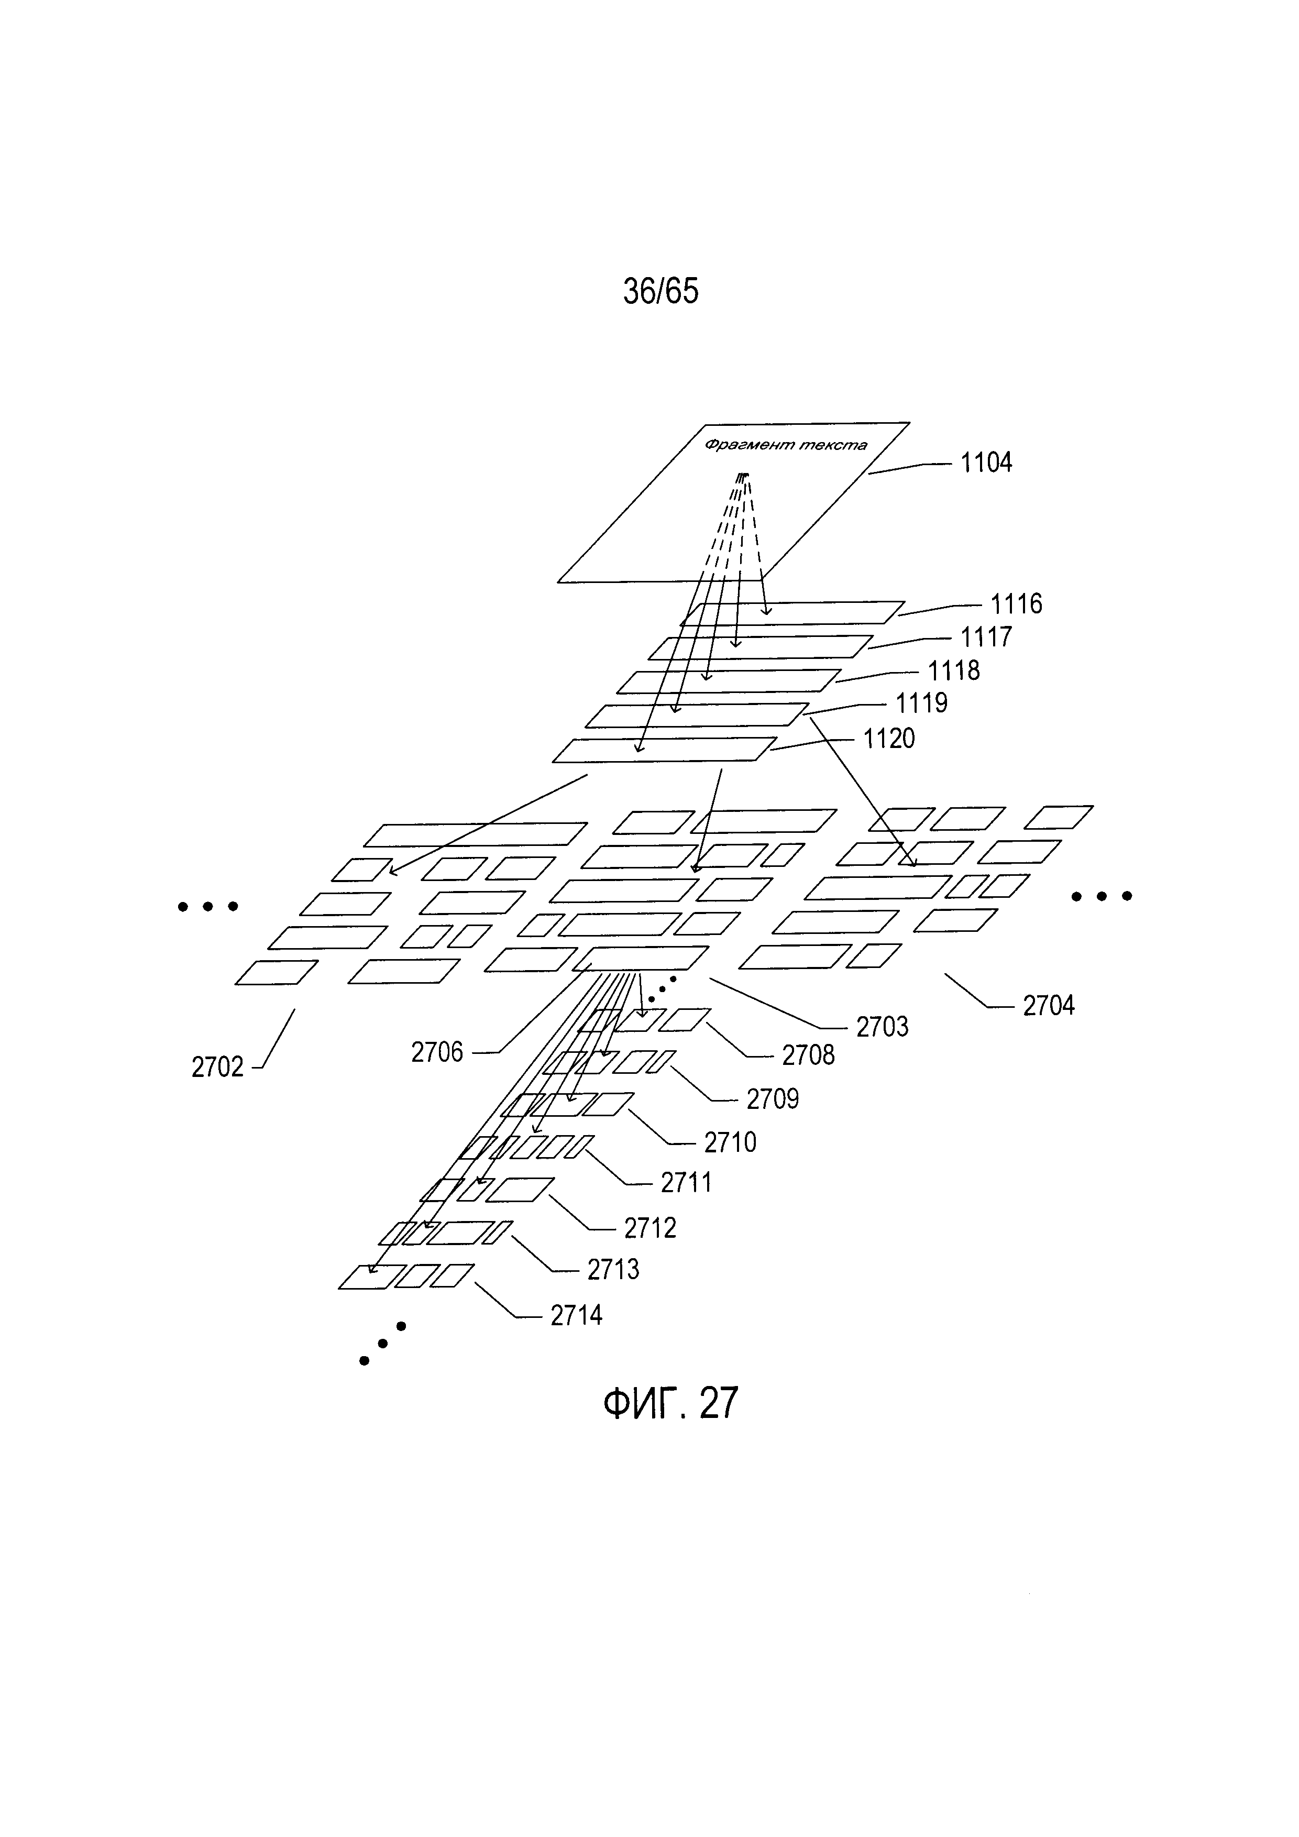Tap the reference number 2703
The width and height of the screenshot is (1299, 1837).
click(882, 1027)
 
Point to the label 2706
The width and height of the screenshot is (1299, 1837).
click(437, 1052)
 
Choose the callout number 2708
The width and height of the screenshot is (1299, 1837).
click(808, 1055)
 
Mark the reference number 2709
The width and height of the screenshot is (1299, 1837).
click(772, 1099)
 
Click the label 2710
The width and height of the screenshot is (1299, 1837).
click(730, 1142)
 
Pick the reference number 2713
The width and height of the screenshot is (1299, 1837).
click(613, 1269)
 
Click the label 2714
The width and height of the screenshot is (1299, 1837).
click(576, 1315)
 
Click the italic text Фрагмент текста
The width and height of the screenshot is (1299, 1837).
click(786, 445)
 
